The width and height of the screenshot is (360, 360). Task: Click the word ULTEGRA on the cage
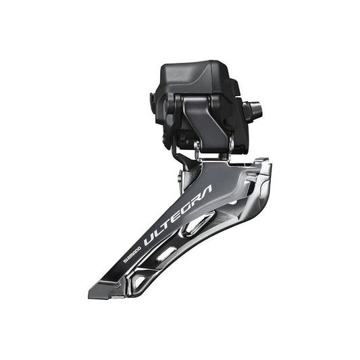point(177,215)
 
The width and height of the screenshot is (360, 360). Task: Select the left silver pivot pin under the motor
point(197,147)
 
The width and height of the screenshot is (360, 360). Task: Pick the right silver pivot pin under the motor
point(230,144)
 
